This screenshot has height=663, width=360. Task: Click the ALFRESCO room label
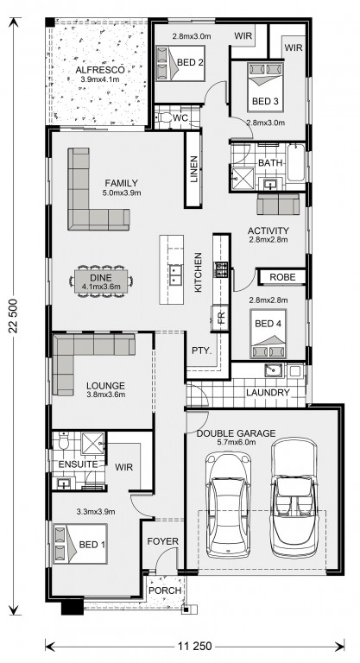coord(100,70)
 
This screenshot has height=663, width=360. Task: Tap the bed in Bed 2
coord(180,63)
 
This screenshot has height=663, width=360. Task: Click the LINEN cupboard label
coord(193,169)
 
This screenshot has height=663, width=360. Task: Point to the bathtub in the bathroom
coord(296,162)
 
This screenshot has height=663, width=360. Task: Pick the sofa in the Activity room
coord(278,205)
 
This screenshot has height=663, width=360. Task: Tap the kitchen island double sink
coord(174,275)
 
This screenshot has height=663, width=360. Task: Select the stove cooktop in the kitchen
coord(222,269)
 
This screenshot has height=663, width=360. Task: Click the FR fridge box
coord(220,318)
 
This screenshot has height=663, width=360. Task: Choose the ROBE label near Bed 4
coord(281,277)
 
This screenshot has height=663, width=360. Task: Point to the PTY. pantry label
coord(201,351)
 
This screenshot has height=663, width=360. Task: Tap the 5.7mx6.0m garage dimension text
coord(236,443)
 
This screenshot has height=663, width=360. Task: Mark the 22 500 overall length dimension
coord(14,315)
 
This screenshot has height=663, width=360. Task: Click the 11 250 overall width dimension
coord(194,647)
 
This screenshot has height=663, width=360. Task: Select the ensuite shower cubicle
coord(92,444)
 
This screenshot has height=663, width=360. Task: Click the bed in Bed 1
coord(80,544)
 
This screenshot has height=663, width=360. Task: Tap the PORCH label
coord(165,590)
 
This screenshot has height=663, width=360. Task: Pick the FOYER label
coord(163,541)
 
